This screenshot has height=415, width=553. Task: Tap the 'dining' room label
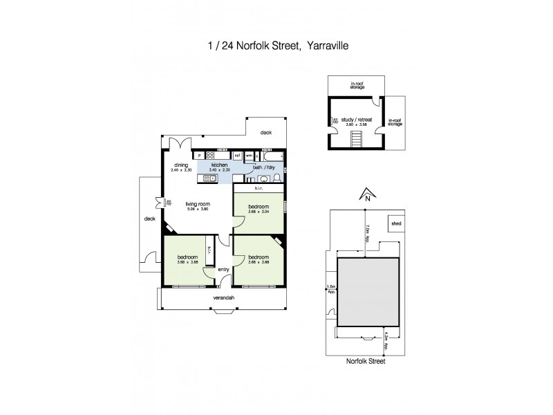coord(181,165)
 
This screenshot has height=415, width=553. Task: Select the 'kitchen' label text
coord(219,165)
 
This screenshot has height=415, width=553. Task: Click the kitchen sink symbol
coord(210,179)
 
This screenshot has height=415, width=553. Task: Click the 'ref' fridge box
coord(237,156)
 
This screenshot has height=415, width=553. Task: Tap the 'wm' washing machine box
coord(249,156)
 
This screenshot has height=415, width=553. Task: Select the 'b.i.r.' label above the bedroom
coord(260,187)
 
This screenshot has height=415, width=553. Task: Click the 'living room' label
coord(197,204)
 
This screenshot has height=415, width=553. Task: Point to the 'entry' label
coord(223,270)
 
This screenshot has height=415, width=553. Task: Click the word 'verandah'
coord(223,298)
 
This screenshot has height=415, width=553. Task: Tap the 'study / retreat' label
coord(357,119)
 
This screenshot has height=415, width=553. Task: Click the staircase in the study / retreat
coord(357,140)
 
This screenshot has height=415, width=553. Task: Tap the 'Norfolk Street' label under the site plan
coord(366,361)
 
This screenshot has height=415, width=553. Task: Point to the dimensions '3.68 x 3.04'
coord(259,212)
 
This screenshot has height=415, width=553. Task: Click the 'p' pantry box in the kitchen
coord(199,156)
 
